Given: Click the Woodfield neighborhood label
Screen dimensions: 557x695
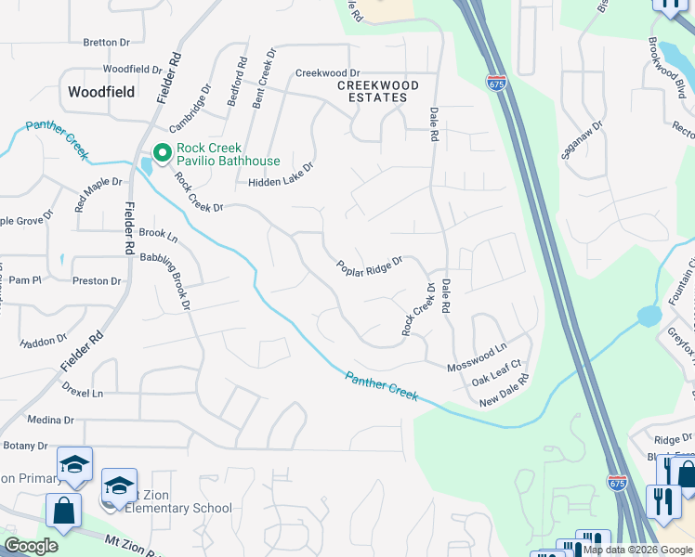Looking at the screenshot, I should [101, 92].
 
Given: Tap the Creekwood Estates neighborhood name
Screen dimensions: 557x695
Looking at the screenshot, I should [377, 91].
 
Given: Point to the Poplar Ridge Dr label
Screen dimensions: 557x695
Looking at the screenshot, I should [369, 266].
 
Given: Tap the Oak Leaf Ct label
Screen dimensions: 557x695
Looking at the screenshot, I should [498, 372].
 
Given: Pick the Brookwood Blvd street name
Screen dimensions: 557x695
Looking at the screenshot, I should [667, 69].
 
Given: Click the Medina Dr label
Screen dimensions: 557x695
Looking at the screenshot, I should [44, 419].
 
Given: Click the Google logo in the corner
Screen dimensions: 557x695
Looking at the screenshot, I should [31, 546].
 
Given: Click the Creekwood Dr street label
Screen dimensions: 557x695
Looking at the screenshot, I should [327, 72].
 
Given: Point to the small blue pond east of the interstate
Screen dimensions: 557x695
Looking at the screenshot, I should [649, 317].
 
